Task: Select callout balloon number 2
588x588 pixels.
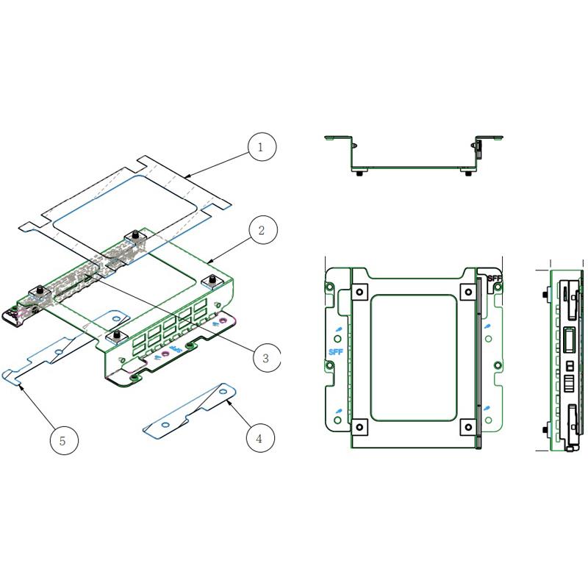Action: click(x=261, y=230)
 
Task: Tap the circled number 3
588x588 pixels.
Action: click(x=266, y=358)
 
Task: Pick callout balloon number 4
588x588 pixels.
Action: click(x=259, y=439)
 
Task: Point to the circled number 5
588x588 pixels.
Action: click(x=62, y=440)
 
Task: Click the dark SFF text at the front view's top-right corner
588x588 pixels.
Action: click(x=492, y=279)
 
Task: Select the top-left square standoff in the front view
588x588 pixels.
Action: click(x=359, y=292)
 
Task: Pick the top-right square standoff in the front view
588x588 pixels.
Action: click(x=466, y=292)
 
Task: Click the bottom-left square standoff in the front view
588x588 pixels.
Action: click(x=359, y=426)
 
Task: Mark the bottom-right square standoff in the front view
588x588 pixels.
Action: click(x=466, y=426)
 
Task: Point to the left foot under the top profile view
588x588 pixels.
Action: click(x=358, y=173)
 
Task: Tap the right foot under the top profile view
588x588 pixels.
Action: click(x=468, y=173)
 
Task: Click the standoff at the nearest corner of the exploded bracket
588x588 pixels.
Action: click(x=114, y=337)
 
